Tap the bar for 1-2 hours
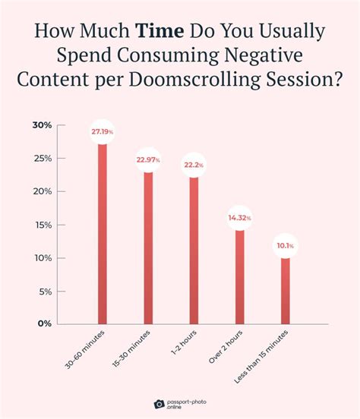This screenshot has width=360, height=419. tap(194, 250)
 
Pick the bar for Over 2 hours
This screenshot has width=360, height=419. tap(240, 276)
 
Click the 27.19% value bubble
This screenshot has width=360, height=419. tap(102, 132)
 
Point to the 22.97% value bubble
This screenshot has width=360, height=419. tap(148, 159)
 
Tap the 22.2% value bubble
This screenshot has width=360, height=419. tap(194, 165)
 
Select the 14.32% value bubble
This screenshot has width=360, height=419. tap(240, 218)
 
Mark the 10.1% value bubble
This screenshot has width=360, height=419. tap(286, 245)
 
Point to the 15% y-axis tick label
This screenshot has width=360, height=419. tap(43, 225)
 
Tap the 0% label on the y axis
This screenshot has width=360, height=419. tap(45, 324)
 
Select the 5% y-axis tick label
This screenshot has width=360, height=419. tap(45, 291)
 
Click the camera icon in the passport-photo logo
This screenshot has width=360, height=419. tap(159, 404)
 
